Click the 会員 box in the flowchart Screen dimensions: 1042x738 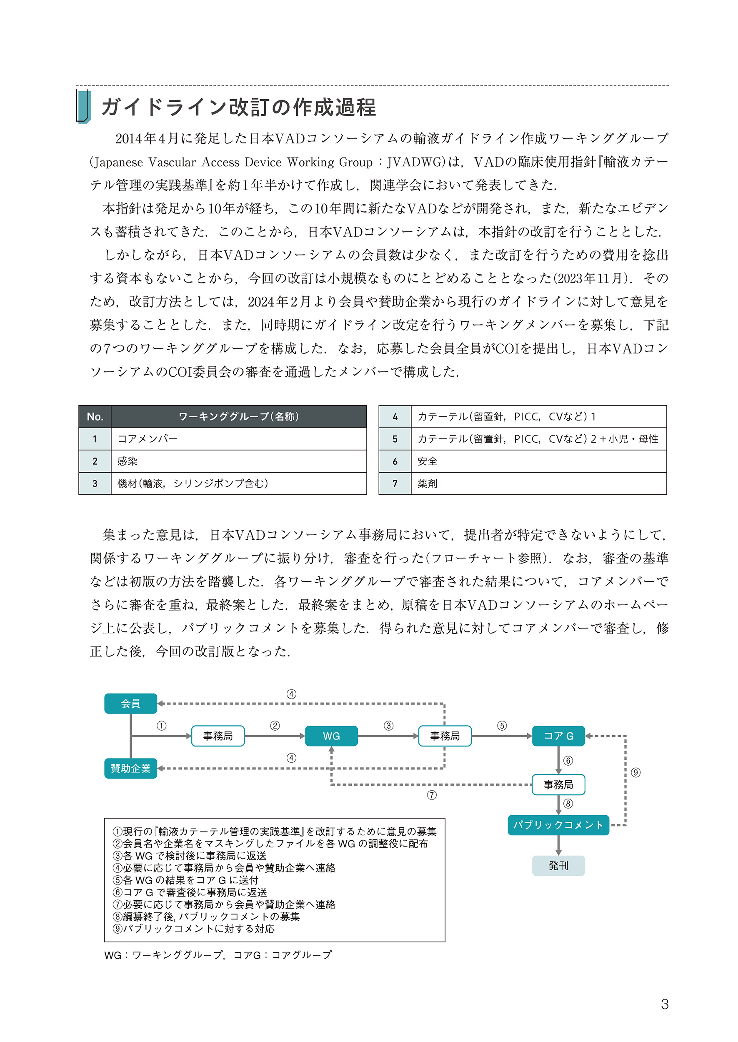tap(130, 704)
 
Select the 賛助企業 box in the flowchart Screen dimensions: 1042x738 tap(130, 769)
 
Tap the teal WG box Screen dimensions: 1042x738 tap(331, 736)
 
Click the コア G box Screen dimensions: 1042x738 tap(558, 736)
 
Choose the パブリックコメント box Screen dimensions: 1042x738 tap(558, 825)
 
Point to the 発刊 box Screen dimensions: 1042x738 tap(558, 866)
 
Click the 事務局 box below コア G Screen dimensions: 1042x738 tap(558, 785)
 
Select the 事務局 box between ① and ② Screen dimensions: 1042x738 tap(218, 736)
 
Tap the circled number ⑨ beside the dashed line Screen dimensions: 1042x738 tap(635, 772)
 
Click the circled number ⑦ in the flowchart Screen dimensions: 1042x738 tap(432, 795)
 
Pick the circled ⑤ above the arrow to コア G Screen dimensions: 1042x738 tap(502, 726)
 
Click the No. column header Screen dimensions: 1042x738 tap(95, 417)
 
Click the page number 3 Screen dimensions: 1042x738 tap(664, 1004)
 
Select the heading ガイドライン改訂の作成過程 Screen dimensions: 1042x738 tap(239, 108)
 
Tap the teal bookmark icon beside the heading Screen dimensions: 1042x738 tap(83, 107)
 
